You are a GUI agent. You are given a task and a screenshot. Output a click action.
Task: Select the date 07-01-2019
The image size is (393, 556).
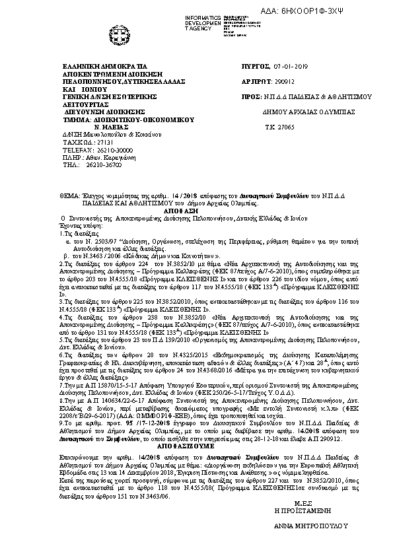click(291, 67)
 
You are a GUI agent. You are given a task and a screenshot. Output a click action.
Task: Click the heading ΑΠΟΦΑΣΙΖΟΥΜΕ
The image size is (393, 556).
click(196, 446)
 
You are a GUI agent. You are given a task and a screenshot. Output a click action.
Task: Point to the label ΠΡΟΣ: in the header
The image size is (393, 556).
click(250, 96)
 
